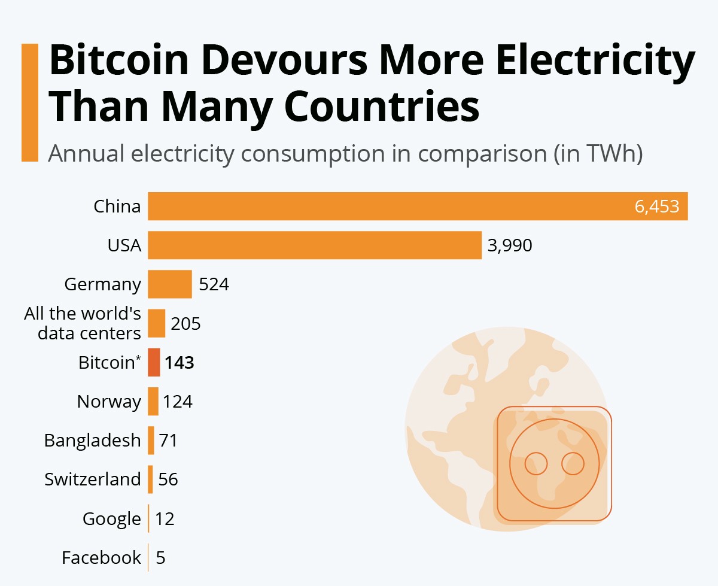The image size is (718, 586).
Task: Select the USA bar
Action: tap(315, 245)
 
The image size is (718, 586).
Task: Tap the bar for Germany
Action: tap(170, 284)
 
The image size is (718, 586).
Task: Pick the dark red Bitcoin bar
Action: tap(154, 362)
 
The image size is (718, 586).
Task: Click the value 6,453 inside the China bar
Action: tap(656, 207)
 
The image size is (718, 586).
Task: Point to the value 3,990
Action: tap(510, 245)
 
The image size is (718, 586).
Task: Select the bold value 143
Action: tap(180, 363)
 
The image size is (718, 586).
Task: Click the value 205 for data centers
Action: tap(185, 324)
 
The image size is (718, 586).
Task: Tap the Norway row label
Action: tap(109, 402)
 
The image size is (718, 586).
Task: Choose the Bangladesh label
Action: tap(92, 441)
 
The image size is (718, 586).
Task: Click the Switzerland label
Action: tap(92, 479)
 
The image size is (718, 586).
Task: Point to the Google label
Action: tap(111, 519)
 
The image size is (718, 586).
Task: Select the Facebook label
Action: tap(101, 558)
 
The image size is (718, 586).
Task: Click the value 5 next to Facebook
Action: tap(160, 558)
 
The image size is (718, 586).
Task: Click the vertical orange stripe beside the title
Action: tap(29, 102)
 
